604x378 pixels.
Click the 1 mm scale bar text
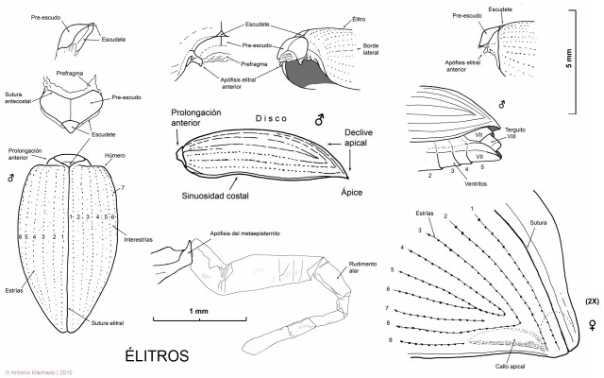tap(198, 311)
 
